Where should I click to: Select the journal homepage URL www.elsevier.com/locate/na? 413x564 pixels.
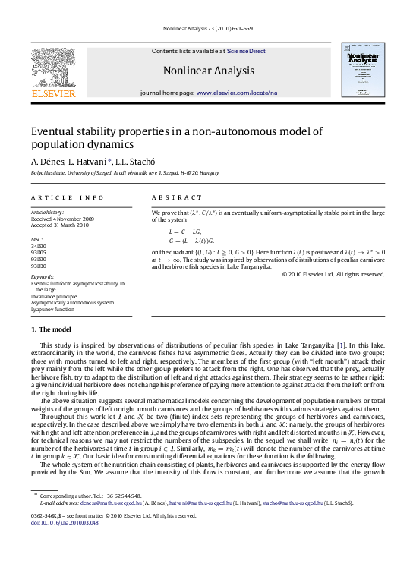[x=237, y=93]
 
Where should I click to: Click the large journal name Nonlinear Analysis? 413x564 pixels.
[x=207, y=71]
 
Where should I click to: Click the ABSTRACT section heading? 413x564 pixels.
[x=172, y=197]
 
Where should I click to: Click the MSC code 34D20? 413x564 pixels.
[x=38, y=246]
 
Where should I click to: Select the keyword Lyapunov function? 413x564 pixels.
[x=53, y=310]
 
